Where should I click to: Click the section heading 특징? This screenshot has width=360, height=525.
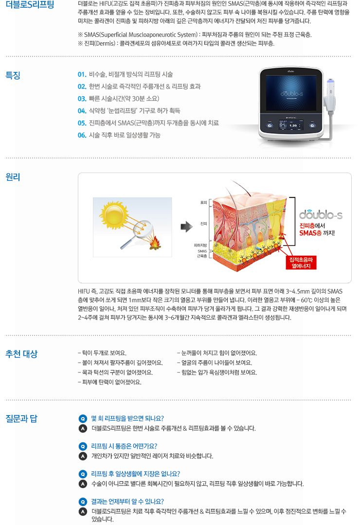pyautogui.click(x=13, y=75)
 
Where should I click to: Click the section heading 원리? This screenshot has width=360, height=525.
pyautogui.click(x=13, y=177)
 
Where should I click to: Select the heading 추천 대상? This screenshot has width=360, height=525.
pyautogui.click(x=21, y=354)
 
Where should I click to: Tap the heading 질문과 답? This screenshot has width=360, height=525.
pyautogui.click(x=21, y=419)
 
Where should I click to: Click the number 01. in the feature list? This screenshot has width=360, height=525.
pyautogui.click(x=82, y=74)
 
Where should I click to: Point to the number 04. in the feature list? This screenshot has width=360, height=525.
pyautogui.click(x=82, y=111)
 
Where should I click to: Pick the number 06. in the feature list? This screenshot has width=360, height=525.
pyautogui.click(x=82, y=135)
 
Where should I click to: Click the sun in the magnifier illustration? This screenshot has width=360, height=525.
pyautogui.click(x=114, y=215)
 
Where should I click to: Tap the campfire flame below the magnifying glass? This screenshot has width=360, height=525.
pyautogui.click(x=155, y=243)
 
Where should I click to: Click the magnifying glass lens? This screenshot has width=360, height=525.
pyautogui.click(x=143, y=227)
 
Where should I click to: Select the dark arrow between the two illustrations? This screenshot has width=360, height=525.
pyautogui.click(x=186, y=227)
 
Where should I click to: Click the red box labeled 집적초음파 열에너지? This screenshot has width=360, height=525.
pyautogui.click(x=301, y=262)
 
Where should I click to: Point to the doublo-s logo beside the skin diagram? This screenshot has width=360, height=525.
pyautogui.click(x=321, y=214)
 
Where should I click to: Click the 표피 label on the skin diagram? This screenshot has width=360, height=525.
pyautogui.click(x=203, y=203)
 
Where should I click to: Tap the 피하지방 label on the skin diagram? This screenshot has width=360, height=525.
pyautogui.click(x=200, y=245)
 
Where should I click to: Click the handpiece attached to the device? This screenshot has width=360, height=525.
pyautogui.click(x=330, y=96)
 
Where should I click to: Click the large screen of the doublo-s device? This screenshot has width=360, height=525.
pyautogui.click(x=291, y=93)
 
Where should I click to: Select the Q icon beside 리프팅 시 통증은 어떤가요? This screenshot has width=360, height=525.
pyautogui.click(x=82, y=446)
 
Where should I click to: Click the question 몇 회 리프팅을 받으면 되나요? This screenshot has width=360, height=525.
pyautogui.click(x=127, y=419)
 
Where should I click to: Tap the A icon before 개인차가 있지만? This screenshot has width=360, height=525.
pyautogui.click(x=82, y=456)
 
